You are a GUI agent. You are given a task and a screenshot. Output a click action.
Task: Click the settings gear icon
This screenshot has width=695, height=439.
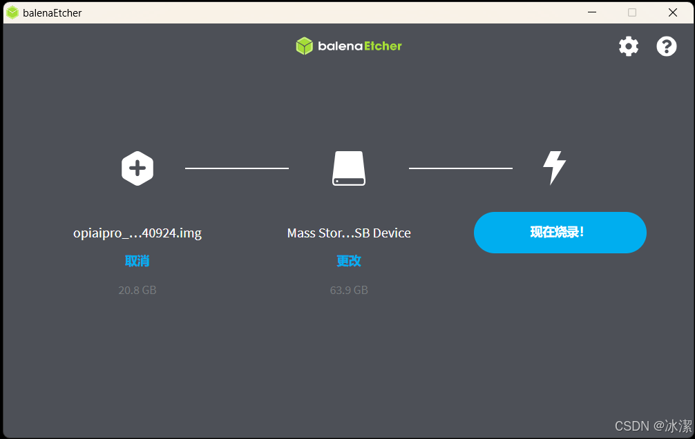tap(629, 46)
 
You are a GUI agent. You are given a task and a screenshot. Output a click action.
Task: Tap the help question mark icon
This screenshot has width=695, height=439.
tap(666, 46)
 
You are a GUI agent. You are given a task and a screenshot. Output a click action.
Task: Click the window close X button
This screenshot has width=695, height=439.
tap(672, 12)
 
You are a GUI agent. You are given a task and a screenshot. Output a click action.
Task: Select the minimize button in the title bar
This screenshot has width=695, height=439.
tap(592, 12)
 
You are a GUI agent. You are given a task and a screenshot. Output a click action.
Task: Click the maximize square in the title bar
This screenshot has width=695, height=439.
tap(632, 12)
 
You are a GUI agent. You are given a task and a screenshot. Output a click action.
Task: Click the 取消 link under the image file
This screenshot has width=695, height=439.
tap(137, 261)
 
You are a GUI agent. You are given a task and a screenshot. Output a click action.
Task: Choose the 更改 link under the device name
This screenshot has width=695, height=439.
tap(349, 261)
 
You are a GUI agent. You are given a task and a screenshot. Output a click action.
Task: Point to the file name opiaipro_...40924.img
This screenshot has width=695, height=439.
tap(137, 233)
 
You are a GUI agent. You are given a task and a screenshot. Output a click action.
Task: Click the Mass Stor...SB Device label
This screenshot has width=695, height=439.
tap(349, 233)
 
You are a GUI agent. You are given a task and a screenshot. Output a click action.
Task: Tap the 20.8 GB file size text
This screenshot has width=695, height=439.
tap(137, 290)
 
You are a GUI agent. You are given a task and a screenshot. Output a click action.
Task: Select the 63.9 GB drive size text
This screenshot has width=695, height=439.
tap(349, 290)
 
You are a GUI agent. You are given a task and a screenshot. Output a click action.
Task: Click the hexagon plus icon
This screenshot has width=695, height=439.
tap(137, 168)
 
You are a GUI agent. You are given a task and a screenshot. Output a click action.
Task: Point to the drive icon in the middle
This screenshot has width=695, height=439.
tap(349, 168)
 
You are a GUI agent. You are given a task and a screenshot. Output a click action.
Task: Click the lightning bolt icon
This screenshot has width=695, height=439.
tap(554, 168)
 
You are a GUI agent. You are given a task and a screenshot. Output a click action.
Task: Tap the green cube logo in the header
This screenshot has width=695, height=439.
tap(305, 46)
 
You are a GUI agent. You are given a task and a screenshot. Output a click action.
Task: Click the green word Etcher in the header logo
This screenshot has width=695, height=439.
tap(383, 46)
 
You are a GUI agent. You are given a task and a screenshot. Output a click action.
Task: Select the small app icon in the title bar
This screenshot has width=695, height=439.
tap(12, 12)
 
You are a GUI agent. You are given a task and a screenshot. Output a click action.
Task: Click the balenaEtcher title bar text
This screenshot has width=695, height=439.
tap(53, 13)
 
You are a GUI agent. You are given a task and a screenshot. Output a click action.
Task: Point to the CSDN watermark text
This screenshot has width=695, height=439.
tap(653, 426)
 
